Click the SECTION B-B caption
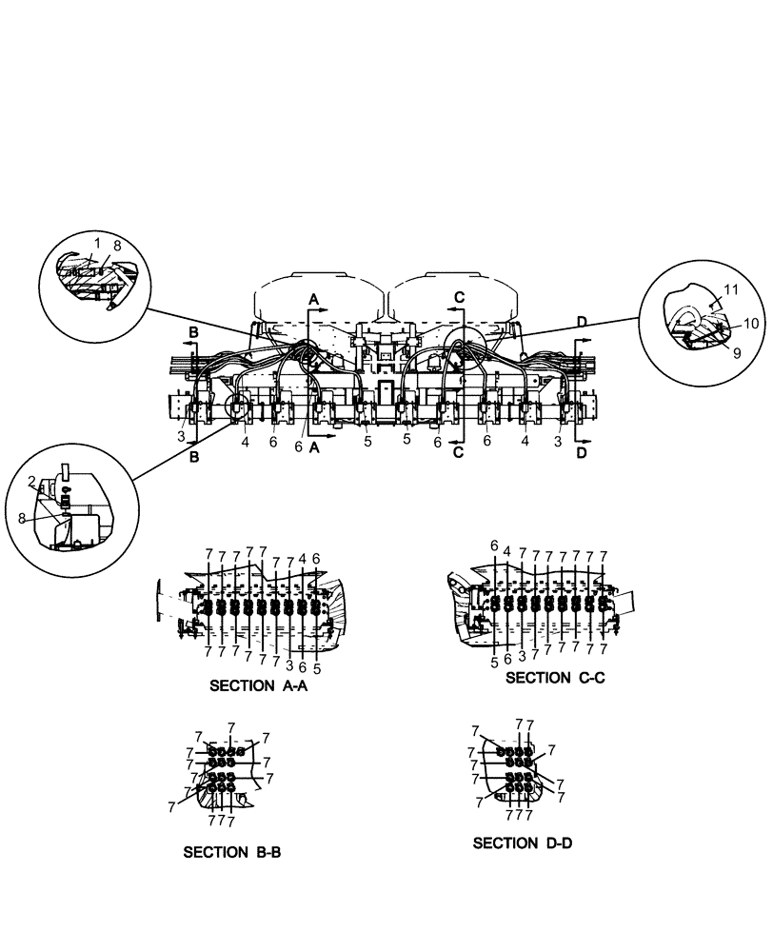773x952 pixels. click(231, 852)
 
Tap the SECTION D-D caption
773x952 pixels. click(522, 843)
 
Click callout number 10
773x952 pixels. click(750, 323)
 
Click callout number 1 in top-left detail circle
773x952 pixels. click(96, 244)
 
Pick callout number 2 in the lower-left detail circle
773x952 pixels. click(31, 481)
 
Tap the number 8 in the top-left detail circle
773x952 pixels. click(117, 246)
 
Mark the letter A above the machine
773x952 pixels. click(313, 298)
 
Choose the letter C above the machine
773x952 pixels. click(459, 297)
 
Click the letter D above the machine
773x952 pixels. click(582, 322)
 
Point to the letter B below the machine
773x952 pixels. click(195, 456)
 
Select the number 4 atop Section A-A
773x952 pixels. click(302, 558)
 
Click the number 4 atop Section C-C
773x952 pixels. click(507, 551)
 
